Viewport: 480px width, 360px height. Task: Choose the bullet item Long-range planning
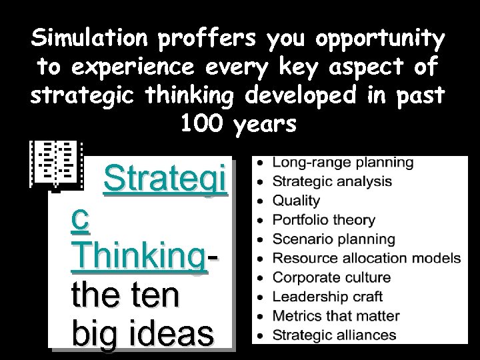point(343,162)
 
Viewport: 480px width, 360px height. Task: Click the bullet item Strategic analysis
point(333,181)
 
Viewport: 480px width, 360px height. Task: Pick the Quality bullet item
point(297,200)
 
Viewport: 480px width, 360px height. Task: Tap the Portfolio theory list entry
point(325,219)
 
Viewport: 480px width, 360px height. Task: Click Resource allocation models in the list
point(367,258)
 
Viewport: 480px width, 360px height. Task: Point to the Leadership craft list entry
point(327,297)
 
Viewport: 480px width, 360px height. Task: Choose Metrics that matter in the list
point(337,316)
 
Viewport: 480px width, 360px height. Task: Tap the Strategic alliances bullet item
point(335,335)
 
